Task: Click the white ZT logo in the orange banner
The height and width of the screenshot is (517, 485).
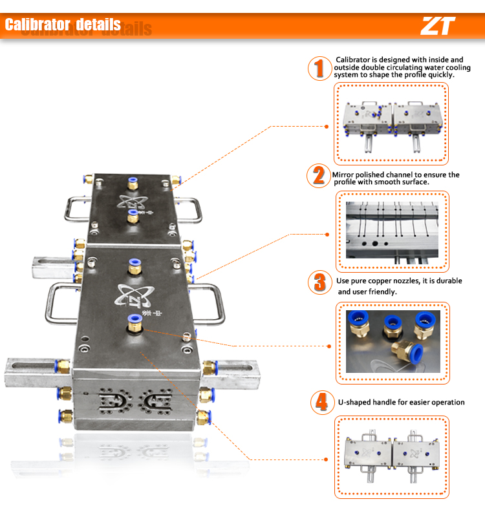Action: click(438, 26)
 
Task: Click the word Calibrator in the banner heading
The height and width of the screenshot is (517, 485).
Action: click(38, 25)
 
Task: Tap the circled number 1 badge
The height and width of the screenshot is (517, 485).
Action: click(319, 69)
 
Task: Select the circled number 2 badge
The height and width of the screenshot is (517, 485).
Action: click(319, 176)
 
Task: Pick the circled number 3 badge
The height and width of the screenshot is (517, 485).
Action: click(320, 282)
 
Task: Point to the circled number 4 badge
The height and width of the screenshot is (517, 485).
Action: click(322, 402)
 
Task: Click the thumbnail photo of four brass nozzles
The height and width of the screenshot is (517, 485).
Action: click(393, 342)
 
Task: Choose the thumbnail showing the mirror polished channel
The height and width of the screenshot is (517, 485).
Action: click(392, 230)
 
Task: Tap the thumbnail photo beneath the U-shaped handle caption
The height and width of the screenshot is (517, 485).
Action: click(392, 457)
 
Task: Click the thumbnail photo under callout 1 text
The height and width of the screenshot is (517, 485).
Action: click(392, 127)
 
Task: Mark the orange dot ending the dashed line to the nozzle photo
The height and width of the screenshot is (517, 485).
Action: click(329, 346)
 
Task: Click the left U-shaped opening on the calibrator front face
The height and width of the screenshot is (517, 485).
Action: click(113, 401)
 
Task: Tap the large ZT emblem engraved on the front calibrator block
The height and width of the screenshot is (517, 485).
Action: click(135, 295)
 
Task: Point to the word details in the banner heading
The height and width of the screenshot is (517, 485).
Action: click(98, 25)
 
